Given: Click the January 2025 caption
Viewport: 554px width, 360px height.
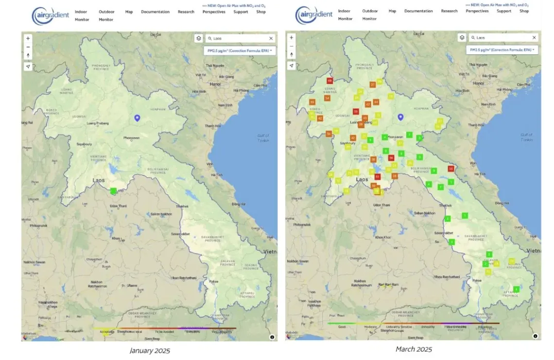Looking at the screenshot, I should pyautogui.click(x=150, y=350).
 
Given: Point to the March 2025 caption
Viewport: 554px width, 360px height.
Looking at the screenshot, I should pyautogui.click(x=413, y=349).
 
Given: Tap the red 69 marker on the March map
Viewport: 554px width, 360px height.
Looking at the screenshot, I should pyautogui.click(x=329, y=81).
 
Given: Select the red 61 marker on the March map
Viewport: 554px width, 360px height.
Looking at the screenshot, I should pyautogui.click(x=377, y=177).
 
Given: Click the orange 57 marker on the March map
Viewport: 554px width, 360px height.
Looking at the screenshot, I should pyautogui.click(x=373, y=85).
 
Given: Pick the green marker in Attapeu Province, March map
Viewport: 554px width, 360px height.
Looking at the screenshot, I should pyautogui.click(x=516, y=290).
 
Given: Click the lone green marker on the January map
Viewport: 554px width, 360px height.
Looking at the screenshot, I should pyautogui.click(x=114, y=191).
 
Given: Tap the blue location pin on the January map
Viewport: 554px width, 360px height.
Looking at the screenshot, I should pyautogui.click(x=137, y=118).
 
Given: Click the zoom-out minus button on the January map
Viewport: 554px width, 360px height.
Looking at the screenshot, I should pyautogui.click(x=28, y=47).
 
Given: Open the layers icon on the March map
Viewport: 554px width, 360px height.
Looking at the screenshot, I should pyautogui.click(x=462, y=37).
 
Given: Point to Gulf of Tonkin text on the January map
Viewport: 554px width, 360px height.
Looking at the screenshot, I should pyautogui.click(x=264, y=137).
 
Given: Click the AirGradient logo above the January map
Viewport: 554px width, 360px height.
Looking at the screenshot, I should pyautogui.click(x=51, y=15).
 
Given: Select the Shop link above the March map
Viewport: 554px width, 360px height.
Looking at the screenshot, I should pyautogui.click(x=524, y=11).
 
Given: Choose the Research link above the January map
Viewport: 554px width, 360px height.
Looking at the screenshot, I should pyautogui.click(x=186, y=12).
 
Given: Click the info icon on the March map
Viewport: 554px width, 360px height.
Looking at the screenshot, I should pyautogui.click(x=535, y=336).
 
